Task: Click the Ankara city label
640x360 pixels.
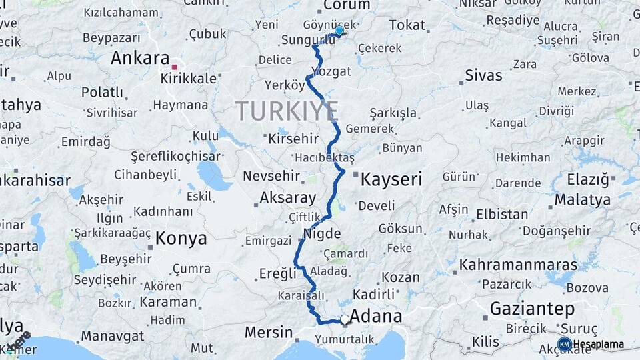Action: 140,57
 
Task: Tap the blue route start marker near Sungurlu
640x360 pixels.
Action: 339,30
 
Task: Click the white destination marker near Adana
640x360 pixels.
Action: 345,320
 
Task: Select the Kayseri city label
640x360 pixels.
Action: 392,179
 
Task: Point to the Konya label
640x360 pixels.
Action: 181,239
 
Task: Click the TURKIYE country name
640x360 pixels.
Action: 287,111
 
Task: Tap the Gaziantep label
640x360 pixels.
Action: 532,309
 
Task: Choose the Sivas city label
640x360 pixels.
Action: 483,75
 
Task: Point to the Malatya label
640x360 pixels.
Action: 582,199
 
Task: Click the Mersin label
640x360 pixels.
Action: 269,331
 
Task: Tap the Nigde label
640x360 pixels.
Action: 322,233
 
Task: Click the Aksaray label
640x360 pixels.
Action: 287,197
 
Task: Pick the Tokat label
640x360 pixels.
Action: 407,25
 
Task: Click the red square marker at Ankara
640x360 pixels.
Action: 174,67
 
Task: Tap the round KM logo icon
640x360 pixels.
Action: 564,344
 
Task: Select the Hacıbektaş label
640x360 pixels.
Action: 325,157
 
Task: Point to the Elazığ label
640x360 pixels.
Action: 588,179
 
